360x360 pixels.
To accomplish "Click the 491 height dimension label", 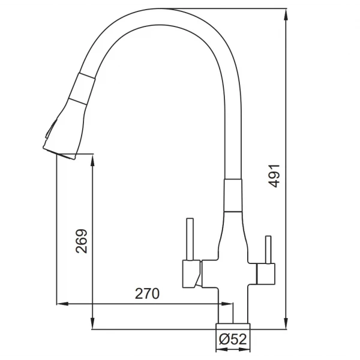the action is (275, 176).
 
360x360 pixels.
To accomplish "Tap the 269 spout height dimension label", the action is (82, 241).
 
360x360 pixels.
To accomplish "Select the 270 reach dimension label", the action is (147, 293).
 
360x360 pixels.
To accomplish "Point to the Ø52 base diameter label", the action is (233, 339).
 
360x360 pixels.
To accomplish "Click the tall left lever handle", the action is (190, 239).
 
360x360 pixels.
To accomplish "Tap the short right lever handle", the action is (268, 250).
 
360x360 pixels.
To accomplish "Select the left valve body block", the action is (191, 274).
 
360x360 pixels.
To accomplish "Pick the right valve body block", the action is (266, 274).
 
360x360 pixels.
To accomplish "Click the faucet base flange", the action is (233, 326).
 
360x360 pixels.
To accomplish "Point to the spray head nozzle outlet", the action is (59, 153).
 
